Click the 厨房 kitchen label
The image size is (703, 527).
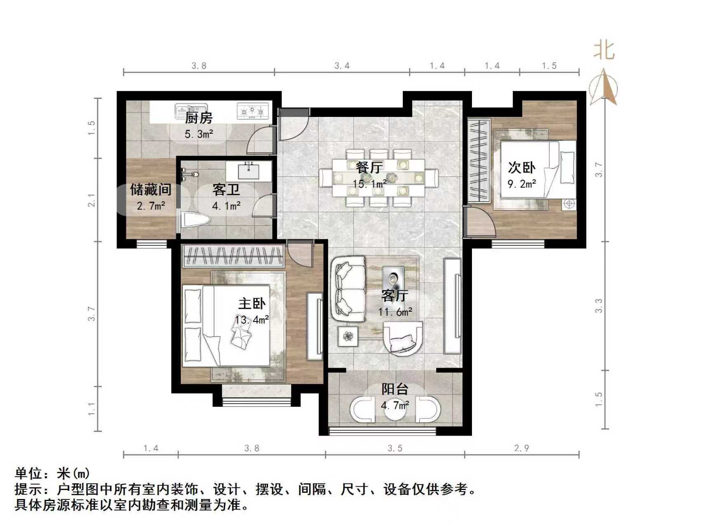pos(199,118)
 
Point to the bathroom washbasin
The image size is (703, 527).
pos(249,170)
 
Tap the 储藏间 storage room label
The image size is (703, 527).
pos(150,190)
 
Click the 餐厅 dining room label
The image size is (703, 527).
pos(369,168)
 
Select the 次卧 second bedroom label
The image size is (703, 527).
pos(521,168)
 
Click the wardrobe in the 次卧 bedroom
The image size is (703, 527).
pos(478,160)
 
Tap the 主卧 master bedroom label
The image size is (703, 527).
pos(252,304)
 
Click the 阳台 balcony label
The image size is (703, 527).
pos(395,389)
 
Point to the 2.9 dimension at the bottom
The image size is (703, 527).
pos(521,448)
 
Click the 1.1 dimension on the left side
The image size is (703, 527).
pos(91,409)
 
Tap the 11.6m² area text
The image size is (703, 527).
pos(395,312)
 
